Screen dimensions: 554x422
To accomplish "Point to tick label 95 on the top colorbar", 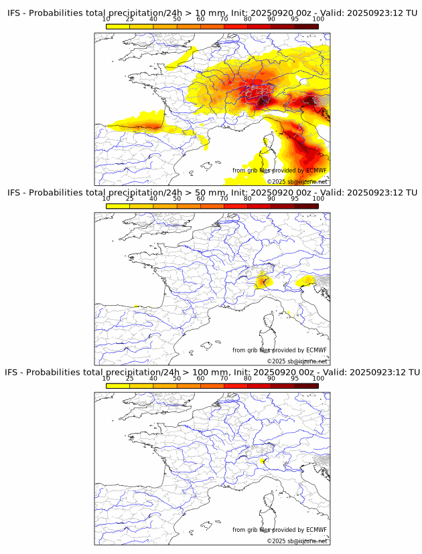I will coord(295,19).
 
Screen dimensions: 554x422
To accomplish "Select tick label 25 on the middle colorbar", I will coord(130,199).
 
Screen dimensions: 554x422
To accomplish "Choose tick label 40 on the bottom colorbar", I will coord(153,378).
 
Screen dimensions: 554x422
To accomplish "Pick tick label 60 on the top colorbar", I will coord(200,19).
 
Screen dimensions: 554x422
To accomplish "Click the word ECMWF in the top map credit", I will coord(316,171).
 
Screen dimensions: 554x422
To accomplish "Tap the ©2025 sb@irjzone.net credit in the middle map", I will coord(297,361).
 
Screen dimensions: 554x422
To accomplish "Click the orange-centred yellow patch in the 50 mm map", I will coord(263,281).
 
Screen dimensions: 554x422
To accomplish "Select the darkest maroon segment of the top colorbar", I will coord(307,26).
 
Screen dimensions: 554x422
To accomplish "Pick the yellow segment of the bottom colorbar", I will coord(118,386).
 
